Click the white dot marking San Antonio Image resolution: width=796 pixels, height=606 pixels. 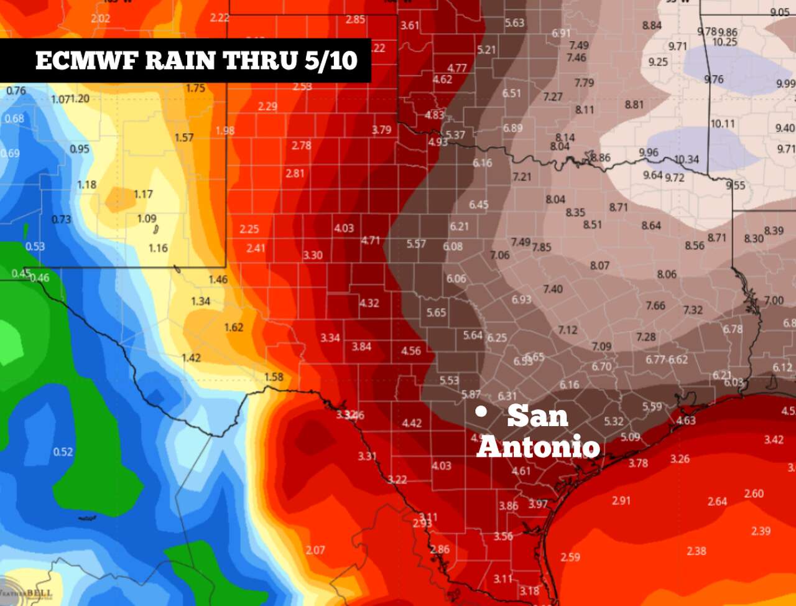tap(481, 411)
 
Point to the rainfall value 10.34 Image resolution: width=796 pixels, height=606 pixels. tap(686, 159)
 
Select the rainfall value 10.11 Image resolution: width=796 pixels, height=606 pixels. tap(722, 124)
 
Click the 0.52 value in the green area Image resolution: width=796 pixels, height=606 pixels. tap(63, 452)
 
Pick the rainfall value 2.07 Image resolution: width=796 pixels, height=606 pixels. tap(315, 550)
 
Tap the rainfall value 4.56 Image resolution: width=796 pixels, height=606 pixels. tap(410, 351)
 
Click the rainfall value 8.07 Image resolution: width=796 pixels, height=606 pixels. tap(599, 266)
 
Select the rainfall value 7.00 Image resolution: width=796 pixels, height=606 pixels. tap(774, 301)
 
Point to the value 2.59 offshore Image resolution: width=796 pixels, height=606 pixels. tap(570, 557)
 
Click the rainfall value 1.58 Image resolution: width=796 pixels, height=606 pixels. tap(274, 377)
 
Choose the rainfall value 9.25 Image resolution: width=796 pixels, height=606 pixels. tap(658, 62)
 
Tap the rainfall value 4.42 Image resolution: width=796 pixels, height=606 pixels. tap(412, 423)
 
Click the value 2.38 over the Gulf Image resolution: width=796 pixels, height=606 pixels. tap(696, 551)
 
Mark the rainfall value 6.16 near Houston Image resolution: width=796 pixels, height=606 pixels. tap(569, 385)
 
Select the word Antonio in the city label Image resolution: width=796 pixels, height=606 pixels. tap(539, 446)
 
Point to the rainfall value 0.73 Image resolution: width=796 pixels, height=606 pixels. tap(61, 220)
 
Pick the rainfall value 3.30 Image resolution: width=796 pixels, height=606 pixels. tap(313, 255)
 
